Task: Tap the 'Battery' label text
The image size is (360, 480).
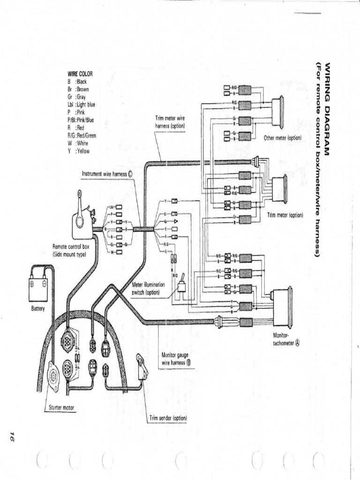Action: point(37,309)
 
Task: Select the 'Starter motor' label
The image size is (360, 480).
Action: point(61,407)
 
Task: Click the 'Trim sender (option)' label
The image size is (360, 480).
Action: point(168,418)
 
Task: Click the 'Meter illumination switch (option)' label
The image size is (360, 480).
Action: point(149,288)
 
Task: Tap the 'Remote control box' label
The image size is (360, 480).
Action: point(71,249)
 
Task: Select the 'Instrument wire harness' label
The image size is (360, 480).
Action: point(107,173)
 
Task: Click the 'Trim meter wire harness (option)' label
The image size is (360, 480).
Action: point(170,122)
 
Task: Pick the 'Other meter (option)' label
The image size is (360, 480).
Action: point(282,138)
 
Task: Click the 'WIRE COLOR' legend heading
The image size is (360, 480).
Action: point(80,74)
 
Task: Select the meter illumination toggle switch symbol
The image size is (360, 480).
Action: point(183,281)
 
